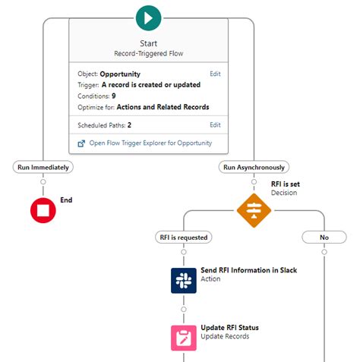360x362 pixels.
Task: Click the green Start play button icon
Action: click(149, 16)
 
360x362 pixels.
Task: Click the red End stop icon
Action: click(43, 210)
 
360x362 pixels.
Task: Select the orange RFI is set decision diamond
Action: click(253, 209)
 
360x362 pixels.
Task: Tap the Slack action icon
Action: click(183, 280)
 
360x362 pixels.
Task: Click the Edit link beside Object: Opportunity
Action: click(215, 74)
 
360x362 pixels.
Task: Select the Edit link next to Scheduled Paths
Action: click(215, 124)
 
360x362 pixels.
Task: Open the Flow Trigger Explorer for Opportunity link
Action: click(150, 143)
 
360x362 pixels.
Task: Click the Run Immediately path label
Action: click(43, 167)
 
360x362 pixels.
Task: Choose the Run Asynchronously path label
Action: click(253, 167)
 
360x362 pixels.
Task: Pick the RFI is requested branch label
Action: click(183, 237)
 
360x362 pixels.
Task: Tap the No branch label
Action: click(324, 237)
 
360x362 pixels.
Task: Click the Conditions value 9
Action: click(113, 96)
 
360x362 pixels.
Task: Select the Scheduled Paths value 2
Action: click(128, 124)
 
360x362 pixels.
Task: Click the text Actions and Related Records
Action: click(163, 107)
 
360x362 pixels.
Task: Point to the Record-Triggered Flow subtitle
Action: click(149, 54)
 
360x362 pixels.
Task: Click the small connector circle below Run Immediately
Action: click(43, 182)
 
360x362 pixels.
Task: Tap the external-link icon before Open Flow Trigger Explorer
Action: click(81, 143)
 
